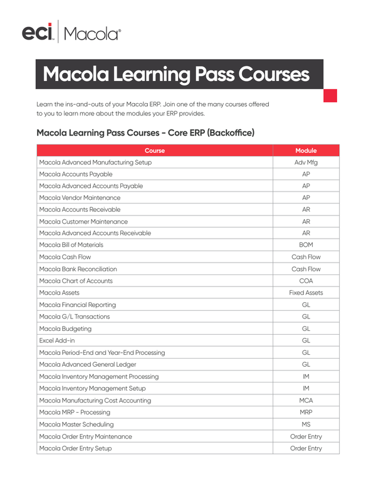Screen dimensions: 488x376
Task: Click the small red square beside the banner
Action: (330, 95)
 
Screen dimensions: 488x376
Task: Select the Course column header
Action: (155, 151)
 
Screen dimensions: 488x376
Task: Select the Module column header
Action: (306, 151)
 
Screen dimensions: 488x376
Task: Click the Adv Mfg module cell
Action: (306, 163)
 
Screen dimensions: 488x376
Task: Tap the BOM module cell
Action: (306, 245)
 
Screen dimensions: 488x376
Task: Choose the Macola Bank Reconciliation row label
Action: (78, 269)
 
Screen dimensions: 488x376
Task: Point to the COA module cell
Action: (306, 281)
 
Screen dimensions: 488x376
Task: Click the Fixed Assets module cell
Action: (306, 293)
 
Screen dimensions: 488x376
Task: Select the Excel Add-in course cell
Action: (56, 340)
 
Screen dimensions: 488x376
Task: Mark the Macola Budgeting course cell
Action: (65, 328)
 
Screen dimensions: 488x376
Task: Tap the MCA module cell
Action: (306, 400)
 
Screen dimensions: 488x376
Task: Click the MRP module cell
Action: (306, 412)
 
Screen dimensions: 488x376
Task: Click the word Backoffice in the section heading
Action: (224, 133)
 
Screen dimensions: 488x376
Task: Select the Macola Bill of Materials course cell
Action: (71, 245)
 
